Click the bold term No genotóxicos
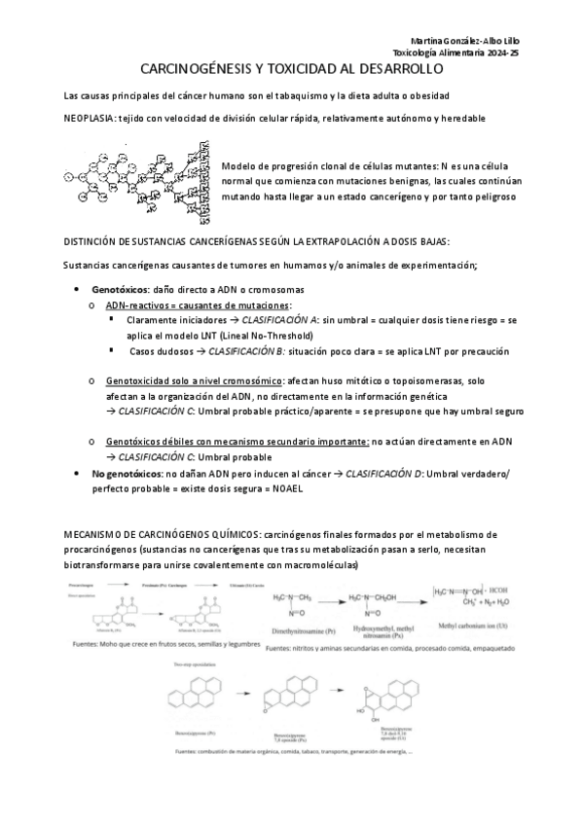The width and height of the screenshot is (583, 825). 128,473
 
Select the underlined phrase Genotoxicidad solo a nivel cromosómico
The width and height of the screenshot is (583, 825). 195,382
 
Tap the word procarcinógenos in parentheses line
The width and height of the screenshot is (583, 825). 98,550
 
